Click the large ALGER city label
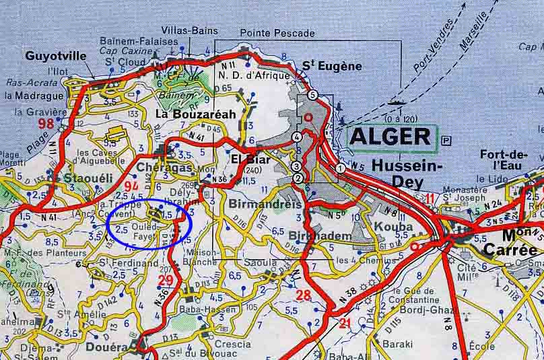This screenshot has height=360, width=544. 391,137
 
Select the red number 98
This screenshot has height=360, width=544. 46,123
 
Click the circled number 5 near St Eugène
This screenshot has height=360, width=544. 312,95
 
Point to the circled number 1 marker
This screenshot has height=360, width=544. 340,168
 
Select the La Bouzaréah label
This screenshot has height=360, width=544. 195,114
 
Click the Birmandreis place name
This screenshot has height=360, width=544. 259,203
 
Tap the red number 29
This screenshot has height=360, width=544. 165,280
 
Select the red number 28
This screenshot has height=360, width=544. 303,294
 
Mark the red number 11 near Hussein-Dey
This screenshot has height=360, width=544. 430,197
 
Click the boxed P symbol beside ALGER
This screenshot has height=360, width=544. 447,139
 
